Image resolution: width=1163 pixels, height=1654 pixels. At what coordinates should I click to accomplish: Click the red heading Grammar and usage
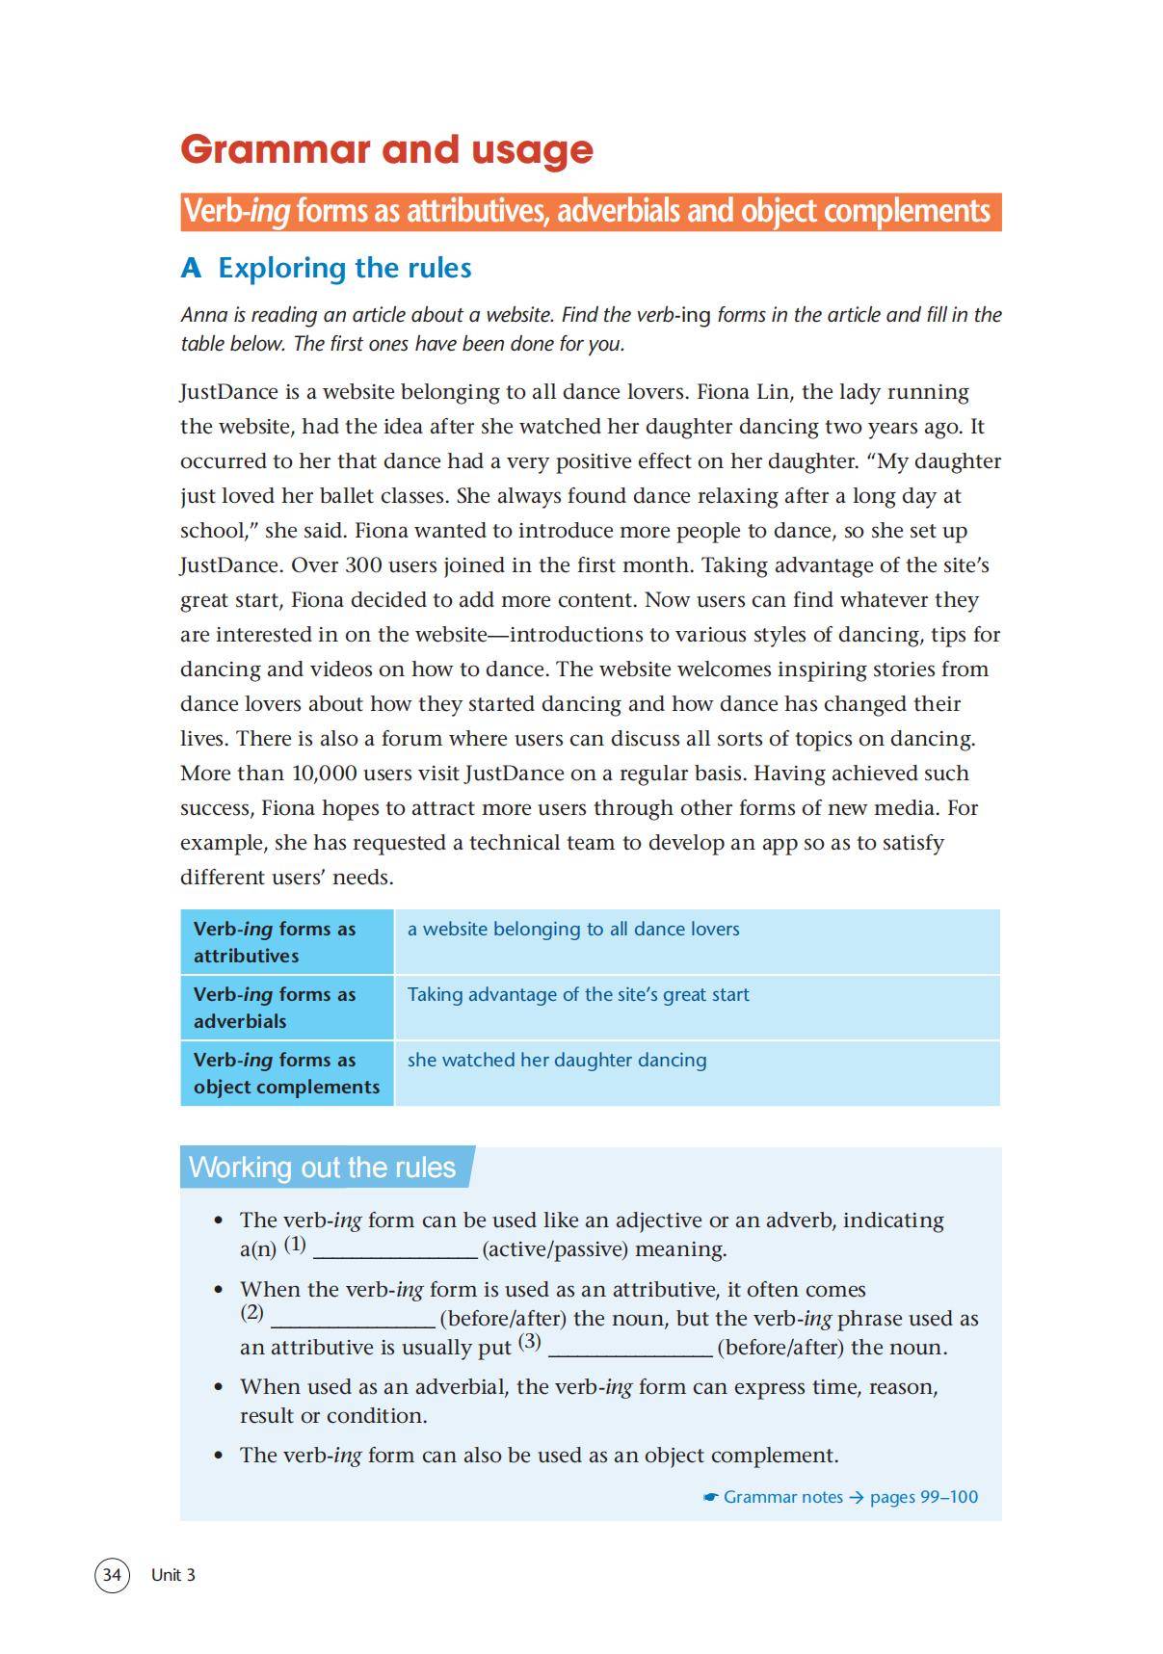coord(386,149)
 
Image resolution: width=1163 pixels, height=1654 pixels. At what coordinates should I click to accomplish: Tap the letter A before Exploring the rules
coord(191,268)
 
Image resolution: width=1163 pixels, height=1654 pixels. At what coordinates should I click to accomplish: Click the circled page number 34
coord(112,1574)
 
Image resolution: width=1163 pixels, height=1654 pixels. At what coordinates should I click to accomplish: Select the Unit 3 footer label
coord(173,1574)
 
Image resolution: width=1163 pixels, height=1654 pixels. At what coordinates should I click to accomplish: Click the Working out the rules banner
coord(323,1167)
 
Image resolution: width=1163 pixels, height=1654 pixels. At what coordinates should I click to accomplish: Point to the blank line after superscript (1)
coord(395,1250)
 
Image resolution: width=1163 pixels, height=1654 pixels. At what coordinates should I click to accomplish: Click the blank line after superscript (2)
coord(353,1319)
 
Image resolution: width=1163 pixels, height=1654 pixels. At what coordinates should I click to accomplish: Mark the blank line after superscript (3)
coord(630,1348)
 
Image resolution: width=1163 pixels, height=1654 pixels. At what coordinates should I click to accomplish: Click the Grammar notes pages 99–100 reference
coord(840,1497)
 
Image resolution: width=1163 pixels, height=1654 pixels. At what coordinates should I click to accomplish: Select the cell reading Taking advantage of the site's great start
coord(578,994)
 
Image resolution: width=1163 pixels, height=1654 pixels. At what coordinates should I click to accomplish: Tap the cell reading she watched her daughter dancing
coord(557,1060)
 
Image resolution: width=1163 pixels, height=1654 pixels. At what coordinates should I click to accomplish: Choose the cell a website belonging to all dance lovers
coord(573,929)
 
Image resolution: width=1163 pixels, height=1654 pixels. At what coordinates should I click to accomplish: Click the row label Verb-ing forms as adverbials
coord(275,1008)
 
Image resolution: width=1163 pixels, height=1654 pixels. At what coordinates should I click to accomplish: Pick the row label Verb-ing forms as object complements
coord(286,1073)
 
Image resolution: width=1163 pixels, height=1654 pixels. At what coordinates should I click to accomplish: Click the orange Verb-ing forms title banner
coord(590,212)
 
